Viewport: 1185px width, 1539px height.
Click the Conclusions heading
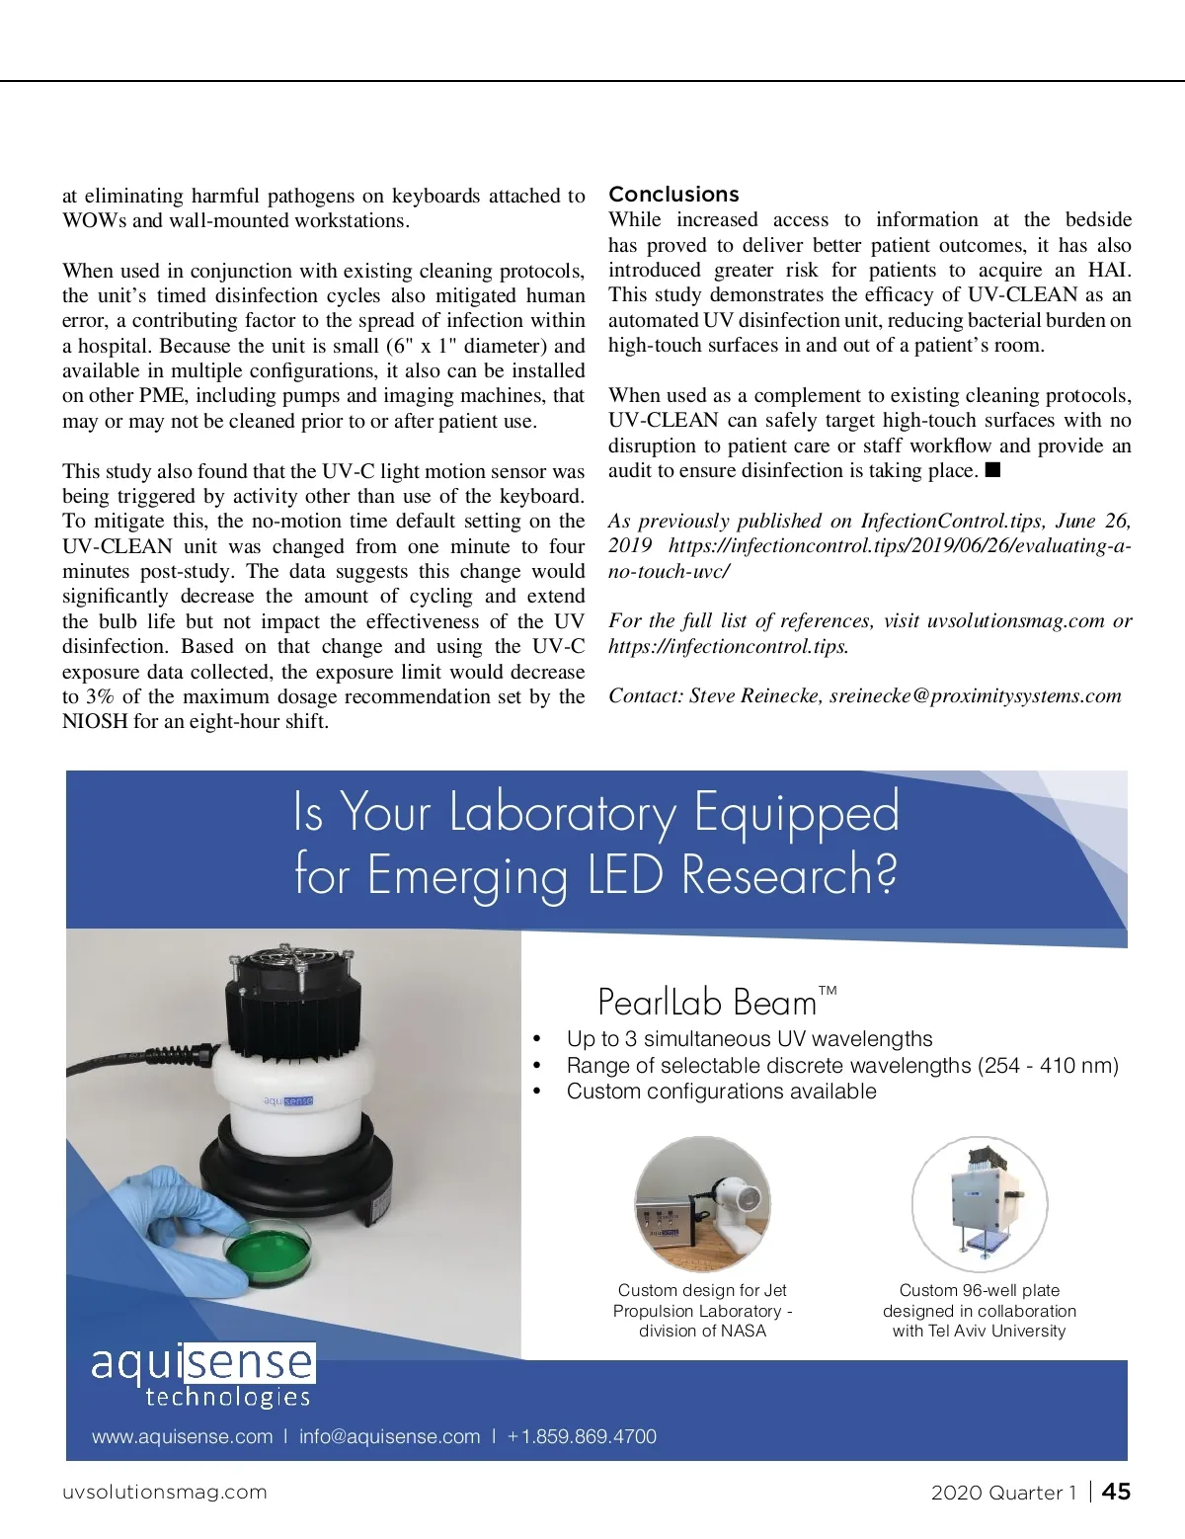point(673,194)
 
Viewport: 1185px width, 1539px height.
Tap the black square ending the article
point(993,470)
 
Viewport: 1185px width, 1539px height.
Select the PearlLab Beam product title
point(707,1003)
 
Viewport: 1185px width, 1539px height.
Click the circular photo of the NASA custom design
point(702,1203)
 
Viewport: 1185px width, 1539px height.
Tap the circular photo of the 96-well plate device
point(979,1203)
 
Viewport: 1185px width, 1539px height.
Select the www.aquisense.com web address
point(183,1436)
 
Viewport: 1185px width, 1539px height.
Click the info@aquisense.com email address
point(389,1436)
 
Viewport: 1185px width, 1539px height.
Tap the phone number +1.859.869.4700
point(582,1436)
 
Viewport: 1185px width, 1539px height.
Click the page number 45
point(1116,1492)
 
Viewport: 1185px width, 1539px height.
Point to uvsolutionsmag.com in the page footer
point(165,1492)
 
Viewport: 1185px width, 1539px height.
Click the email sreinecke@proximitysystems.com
point(975,695)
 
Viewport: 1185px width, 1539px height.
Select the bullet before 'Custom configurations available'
point(537,1092)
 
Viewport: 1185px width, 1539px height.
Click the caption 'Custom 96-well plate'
point(979,1290)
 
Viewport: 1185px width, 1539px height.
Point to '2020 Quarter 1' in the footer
point(1003,1492)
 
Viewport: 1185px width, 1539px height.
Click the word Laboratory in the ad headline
point(562,814)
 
